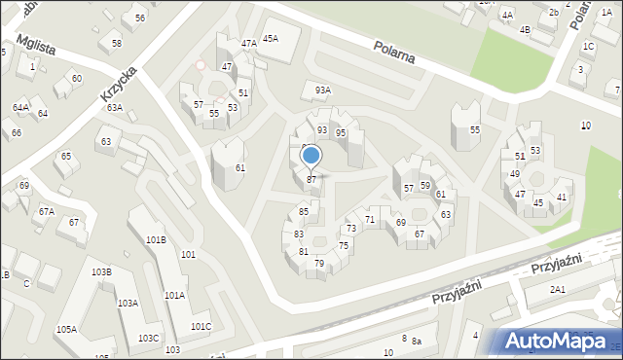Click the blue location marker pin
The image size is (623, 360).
pos(311,157)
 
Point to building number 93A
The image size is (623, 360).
pos(322,90)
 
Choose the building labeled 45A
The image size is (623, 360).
pos(270,38)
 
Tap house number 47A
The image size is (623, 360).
pos(249,43)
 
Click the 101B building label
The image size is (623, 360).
pos(156,239)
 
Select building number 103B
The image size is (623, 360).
pos(101,271)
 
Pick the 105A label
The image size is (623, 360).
pos(66,329)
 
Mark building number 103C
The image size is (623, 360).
pos(149,338)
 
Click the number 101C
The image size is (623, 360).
pos(201,326)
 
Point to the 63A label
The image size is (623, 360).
pos(115,108)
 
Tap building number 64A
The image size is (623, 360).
pos(20,107)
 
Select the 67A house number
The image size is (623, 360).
pos(46,211)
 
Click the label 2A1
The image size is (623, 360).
pos(558,289)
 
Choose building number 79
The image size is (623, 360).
pos(319,264)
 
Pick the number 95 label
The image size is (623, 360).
pos(341,132)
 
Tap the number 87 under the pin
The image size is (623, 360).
pos(311,179)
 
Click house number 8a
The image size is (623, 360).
pos(416,341)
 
